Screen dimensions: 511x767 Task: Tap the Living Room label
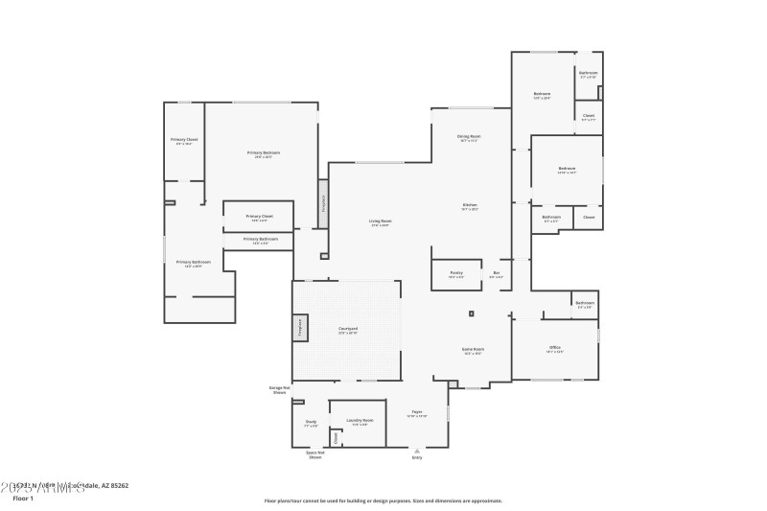coord(381,221)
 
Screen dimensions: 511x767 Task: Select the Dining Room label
coord(469,137)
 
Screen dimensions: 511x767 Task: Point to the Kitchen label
coord(470,205)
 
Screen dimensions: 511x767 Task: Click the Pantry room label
coord(456,273)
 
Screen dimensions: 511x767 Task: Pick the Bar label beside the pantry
coord(497,273)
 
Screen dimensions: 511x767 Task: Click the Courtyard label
coord(348,330)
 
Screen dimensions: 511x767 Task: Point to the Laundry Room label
coord(360,420)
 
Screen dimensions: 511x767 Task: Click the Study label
coord(311,422)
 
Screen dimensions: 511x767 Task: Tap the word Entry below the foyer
coord(417,457)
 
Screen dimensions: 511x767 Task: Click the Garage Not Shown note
coord(279,389)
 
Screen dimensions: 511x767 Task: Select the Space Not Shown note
coord(314,454)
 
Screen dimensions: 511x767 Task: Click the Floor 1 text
coord(22,499)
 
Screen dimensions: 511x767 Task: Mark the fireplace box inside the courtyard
coord(299,327)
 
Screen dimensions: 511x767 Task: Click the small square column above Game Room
coord(471,314)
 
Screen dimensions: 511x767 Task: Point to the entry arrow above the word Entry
coord(417,449)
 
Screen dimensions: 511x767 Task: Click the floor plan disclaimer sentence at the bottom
coord(383,500)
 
